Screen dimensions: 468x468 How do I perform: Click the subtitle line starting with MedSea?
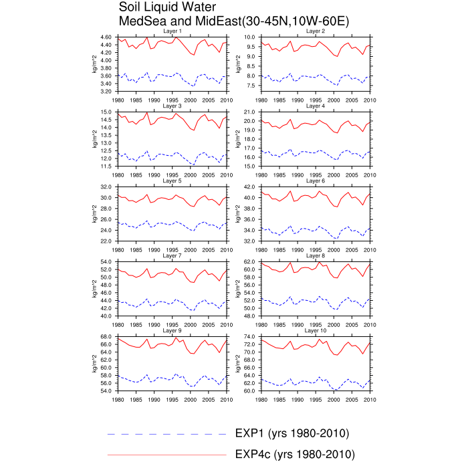click(233, 21)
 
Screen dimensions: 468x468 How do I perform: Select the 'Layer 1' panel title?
click(172, 31)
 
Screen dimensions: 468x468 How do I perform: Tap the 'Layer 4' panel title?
click(316, 106)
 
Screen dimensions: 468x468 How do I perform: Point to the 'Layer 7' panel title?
click(172, 255)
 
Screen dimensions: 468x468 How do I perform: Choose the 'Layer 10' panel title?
click(316, 330)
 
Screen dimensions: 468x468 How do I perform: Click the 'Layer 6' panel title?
click(316, 181)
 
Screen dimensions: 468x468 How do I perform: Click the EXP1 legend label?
click(291, 433)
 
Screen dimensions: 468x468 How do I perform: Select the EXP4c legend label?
click(295, 455)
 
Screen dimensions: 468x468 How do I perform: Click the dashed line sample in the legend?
click(166, 434)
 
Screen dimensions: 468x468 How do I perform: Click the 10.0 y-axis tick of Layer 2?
click(251, 37)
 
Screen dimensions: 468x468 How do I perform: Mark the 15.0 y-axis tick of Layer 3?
click(107, 112)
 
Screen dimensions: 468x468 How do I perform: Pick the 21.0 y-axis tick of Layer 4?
click(251, 112)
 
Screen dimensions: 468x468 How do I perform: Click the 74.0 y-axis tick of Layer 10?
click(251, 336)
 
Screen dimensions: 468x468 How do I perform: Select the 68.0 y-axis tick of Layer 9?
click(107, 336)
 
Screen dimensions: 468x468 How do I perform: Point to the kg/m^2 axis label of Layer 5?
click(94, 213)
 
